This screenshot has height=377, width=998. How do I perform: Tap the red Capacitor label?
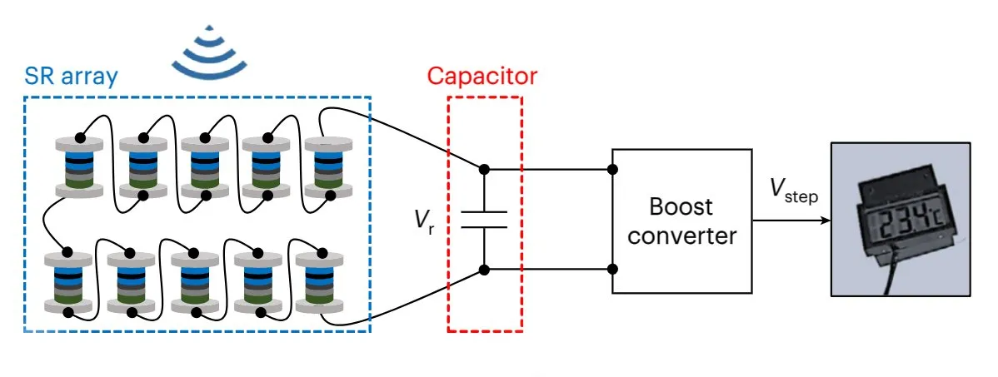click(x=482, y=77)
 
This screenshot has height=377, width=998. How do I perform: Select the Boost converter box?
click(x=682, y=221)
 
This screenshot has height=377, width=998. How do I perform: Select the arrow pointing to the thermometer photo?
click(x=791, y=221)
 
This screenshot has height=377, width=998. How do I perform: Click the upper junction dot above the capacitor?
click(x=484, y=170)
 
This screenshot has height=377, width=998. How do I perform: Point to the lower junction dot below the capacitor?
click(x=484, y=270)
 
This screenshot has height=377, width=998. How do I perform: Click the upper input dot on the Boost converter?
click(x=613, y=170)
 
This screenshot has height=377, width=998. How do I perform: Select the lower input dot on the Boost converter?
click(x=613, y=270)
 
